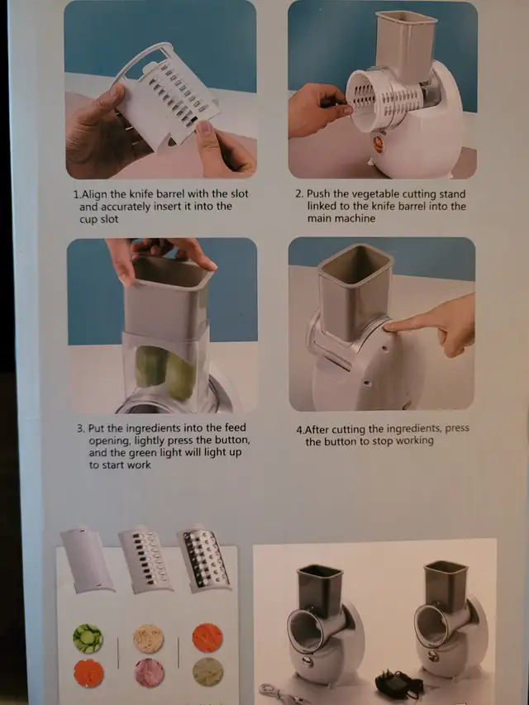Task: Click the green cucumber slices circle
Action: tap(88, 638)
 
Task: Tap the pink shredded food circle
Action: tap(150, 673)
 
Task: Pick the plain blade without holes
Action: tap(88, 560)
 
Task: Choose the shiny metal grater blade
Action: tap(205, 559)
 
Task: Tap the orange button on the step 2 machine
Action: tap(378, 145)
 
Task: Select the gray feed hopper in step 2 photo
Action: tap(406, 44)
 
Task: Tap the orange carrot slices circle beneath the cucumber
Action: tap(88, 674)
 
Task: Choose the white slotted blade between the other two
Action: tap(145, 560)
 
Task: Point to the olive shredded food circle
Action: tap(207, 672)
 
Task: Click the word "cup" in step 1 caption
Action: tap(88, 220)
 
